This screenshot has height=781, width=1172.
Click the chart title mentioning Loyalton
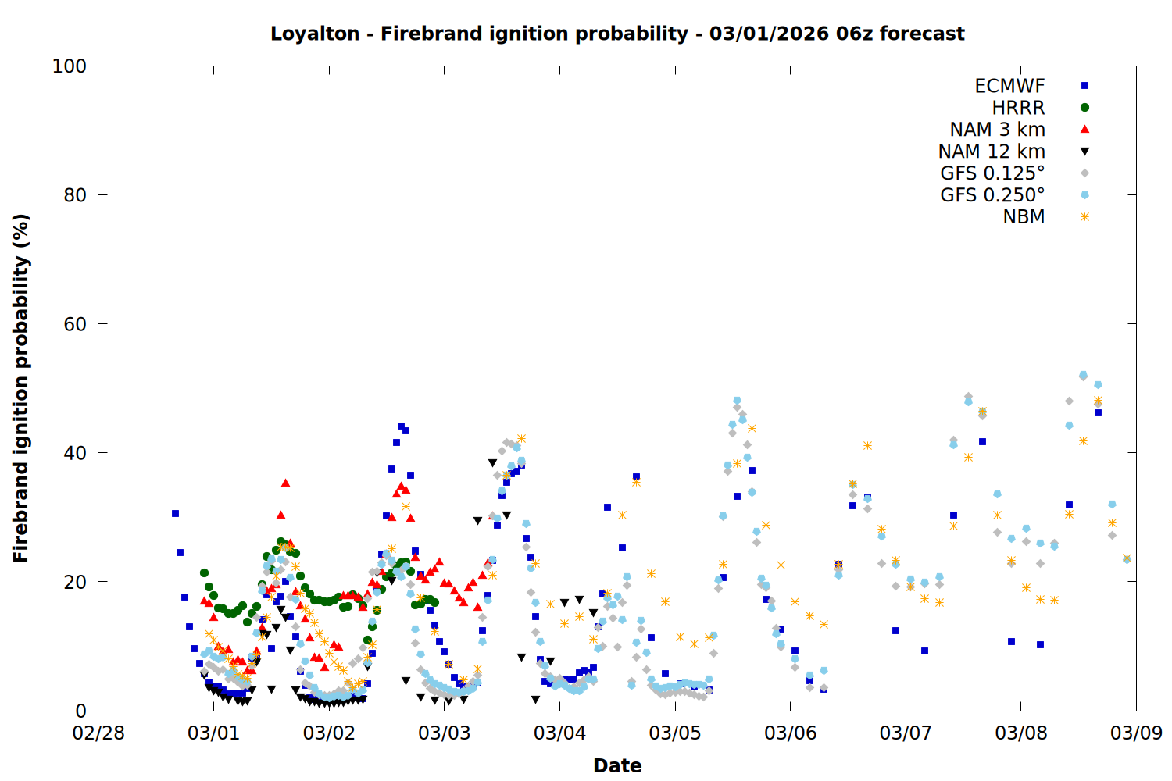(617, 34)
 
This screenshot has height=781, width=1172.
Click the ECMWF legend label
(1009, 86)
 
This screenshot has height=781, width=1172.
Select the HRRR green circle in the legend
(1084, 108)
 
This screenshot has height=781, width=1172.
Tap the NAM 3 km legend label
(997, 130)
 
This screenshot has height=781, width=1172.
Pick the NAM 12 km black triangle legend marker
(1084, 152)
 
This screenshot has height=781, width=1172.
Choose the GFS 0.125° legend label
(992, 173)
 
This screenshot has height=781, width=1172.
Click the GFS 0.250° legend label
(992, 195)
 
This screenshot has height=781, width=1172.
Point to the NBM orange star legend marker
(1084, 217)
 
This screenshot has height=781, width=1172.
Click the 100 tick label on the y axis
(70, 66)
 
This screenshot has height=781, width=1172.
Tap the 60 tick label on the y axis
(75, 324)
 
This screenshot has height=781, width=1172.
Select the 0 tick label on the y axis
(80, 711)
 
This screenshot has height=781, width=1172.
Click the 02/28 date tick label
(98, 733)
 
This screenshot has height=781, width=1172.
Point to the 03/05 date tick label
(675, 733)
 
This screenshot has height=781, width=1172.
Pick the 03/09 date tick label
(1136, 733)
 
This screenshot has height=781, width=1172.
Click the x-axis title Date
(617, 765)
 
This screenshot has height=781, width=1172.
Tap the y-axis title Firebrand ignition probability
(21, 388)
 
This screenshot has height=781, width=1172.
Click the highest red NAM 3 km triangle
(285, 483)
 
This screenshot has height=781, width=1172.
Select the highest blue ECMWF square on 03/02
(401, 426)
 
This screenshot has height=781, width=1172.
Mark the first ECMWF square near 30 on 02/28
(175, 513)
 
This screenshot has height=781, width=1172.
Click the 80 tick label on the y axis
(75, 195)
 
